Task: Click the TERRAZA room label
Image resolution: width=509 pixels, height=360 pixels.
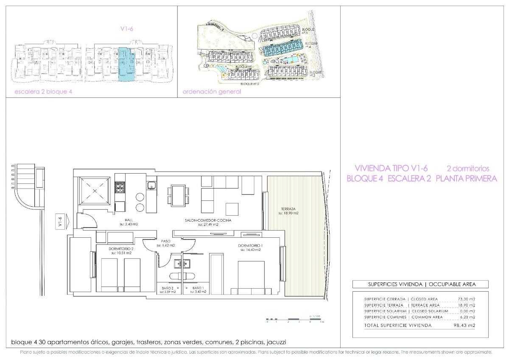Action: pos(288,209)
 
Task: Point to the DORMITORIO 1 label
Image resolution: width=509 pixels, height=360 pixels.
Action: pos(249,245)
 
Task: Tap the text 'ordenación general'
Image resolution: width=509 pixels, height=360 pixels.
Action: pos(212,92)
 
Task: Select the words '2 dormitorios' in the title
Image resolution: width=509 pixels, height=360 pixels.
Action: pos(468,168)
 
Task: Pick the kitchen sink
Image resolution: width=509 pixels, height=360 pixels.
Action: pos(151,185)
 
